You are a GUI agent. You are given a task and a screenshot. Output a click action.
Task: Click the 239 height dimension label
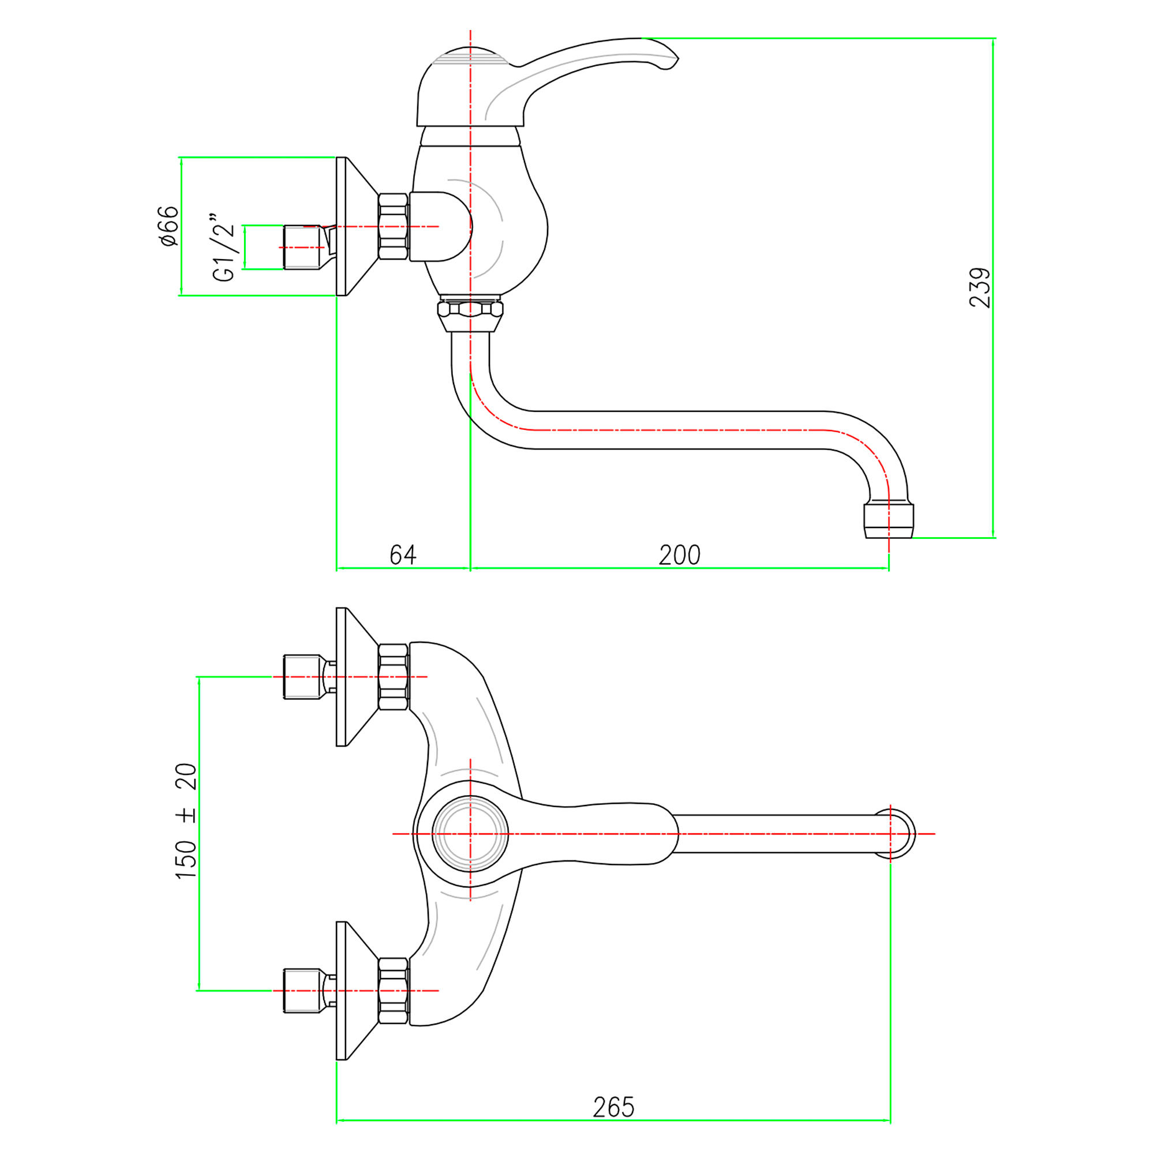[980, 288]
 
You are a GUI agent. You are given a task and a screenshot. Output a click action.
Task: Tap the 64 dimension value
[403, 555]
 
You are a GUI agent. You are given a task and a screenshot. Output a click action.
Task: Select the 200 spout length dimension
[679, 555]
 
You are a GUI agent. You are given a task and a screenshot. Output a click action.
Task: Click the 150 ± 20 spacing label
[186, 820]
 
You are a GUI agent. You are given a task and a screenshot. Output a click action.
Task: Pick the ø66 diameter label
[169, 226]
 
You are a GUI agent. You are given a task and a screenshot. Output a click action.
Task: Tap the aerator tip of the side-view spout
[888, 521]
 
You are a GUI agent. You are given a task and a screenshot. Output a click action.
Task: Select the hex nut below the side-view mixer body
[470, 310]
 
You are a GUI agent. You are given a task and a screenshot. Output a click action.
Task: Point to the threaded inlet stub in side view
[302, 248]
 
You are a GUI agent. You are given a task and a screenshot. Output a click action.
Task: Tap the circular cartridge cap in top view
[470, 834]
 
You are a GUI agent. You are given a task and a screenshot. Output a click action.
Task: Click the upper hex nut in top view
[394, 677]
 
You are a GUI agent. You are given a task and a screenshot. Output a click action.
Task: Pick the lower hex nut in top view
[394, 991]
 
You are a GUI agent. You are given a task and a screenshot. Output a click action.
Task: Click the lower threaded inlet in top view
[302, 991]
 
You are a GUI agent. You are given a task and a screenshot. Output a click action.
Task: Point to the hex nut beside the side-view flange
[394, 226]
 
